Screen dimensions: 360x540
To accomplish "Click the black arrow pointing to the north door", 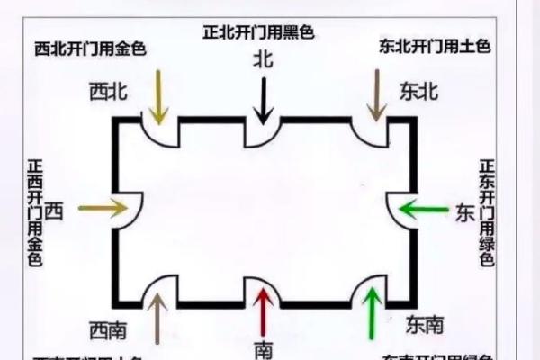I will pos(264,99).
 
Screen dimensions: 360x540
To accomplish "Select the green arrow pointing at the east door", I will pos(423,211).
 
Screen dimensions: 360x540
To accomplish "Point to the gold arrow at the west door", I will pos(103,209).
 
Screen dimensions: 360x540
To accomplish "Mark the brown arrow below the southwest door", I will pos(157,319).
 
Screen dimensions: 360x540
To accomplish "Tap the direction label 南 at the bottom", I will pos(263,347).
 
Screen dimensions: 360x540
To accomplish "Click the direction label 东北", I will pos(418,91).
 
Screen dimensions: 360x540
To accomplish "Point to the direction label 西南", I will pos(107,329).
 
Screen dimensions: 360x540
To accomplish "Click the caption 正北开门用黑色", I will pos(259,33).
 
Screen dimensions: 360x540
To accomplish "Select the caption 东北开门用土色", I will pos(436,46).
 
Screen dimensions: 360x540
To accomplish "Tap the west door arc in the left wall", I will pos(126,209).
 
